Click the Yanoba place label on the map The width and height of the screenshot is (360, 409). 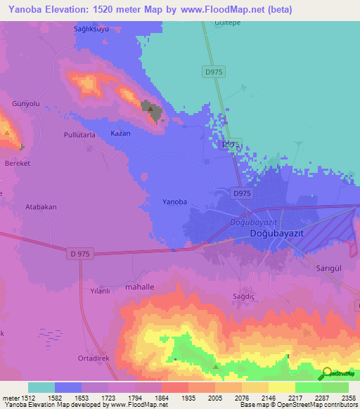175,202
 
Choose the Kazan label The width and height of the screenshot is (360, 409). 120,133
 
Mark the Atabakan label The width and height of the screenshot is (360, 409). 41,207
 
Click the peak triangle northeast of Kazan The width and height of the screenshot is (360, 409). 149,107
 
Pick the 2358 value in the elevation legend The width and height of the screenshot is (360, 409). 347,397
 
